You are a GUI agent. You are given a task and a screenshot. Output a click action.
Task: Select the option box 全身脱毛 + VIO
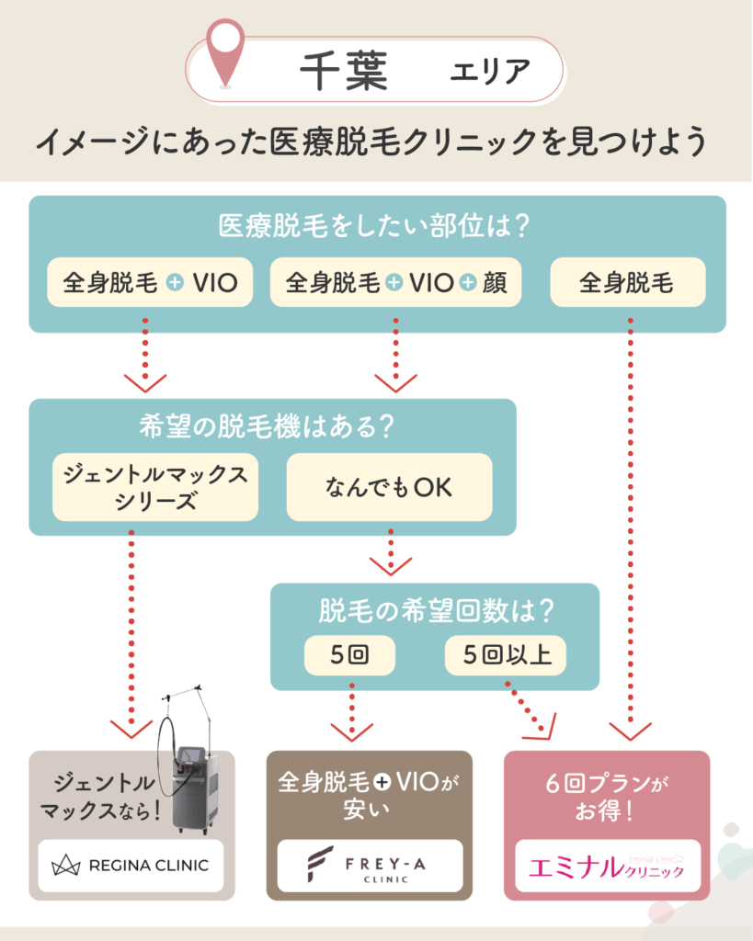pyautogui.click(x=150, y=282)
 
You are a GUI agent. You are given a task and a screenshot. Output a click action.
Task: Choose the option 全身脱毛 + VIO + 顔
pyautogui.click(x=395, y=282)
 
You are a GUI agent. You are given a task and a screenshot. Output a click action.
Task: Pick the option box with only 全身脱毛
pyautogui.click(x=627, y=282)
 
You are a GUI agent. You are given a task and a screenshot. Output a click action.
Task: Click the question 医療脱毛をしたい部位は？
pyautogui.click(x=376, y=226)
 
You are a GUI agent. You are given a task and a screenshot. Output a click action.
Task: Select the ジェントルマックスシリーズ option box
pyautogui.click(x=155, y=487)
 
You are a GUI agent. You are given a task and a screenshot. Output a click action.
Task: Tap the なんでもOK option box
pyautogui.click(x=389, y=487)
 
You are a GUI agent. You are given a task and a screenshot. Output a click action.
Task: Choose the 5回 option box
pyautogui.click(x=349, y=656)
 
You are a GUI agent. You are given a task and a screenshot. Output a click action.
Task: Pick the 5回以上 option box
pyautogui.click(x=505, y=656)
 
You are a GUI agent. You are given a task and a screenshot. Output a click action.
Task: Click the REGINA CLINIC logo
pyautogui.click(x=131, y=865)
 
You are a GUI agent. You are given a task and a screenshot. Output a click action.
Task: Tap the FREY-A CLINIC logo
pyautogui.click(x=365, y=866)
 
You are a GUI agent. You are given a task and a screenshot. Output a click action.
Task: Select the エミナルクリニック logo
pyautogui.click(x=607, y=866)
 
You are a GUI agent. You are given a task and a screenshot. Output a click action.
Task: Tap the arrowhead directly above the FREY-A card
pyautogui.click(x=350, y=731)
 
